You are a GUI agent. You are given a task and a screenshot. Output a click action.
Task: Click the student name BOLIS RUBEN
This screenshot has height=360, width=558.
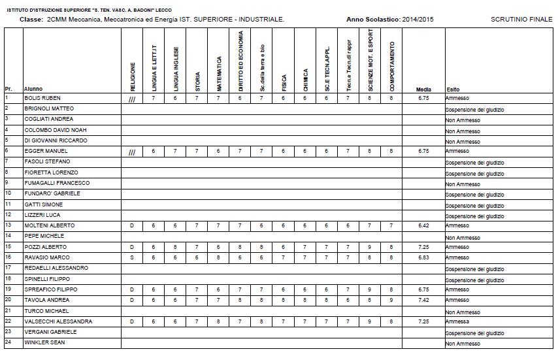click(x=42, y=98)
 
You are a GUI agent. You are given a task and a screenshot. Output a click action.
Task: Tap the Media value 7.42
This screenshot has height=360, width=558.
click(x=423, y=300)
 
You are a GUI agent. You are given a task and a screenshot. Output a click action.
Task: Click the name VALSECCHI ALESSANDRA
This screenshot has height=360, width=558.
click(x=58, y=321)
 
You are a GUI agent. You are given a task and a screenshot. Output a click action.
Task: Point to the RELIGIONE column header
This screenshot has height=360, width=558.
click(x=132, y=76)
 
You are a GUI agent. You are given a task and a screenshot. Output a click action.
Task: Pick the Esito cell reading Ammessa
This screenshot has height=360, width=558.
click(x=457, y=322)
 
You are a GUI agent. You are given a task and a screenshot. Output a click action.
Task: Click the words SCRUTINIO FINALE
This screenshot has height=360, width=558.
click(x=521, y=20)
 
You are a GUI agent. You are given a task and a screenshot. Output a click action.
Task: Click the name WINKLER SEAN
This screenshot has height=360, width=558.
click(x=45, y=342)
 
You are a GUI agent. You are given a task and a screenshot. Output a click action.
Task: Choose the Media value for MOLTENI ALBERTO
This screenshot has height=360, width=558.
click(x=423, y=225)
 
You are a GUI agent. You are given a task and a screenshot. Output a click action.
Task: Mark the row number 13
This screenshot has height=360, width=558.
click(x=8, y=225)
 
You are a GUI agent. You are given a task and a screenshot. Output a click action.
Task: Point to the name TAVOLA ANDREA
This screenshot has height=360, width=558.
click(x=47, y=300)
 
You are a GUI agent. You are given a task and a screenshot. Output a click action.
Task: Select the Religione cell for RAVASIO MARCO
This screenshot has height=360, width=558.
click(x=132, y=257)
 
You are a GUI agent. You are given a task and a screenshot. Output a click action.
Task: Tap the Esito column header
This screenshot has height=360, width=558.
click(x=453, y=90)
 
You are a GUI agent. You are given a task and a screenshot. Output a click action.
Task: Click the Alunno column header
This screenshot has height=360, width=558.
click(x=33, y=90)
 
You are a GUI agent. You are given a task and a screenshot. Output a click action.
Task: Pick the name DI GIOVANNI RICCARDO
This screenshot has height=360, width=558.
click(x=56, y=140)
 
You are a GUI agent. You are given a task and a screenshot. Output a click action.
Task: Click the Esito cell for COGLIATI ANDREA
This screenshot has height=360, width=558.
click(x=463, y=120)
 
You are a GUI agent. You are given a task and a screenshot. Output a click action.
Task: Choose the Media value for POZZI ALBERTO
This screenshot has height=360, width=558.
click(x=423, y=247)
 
